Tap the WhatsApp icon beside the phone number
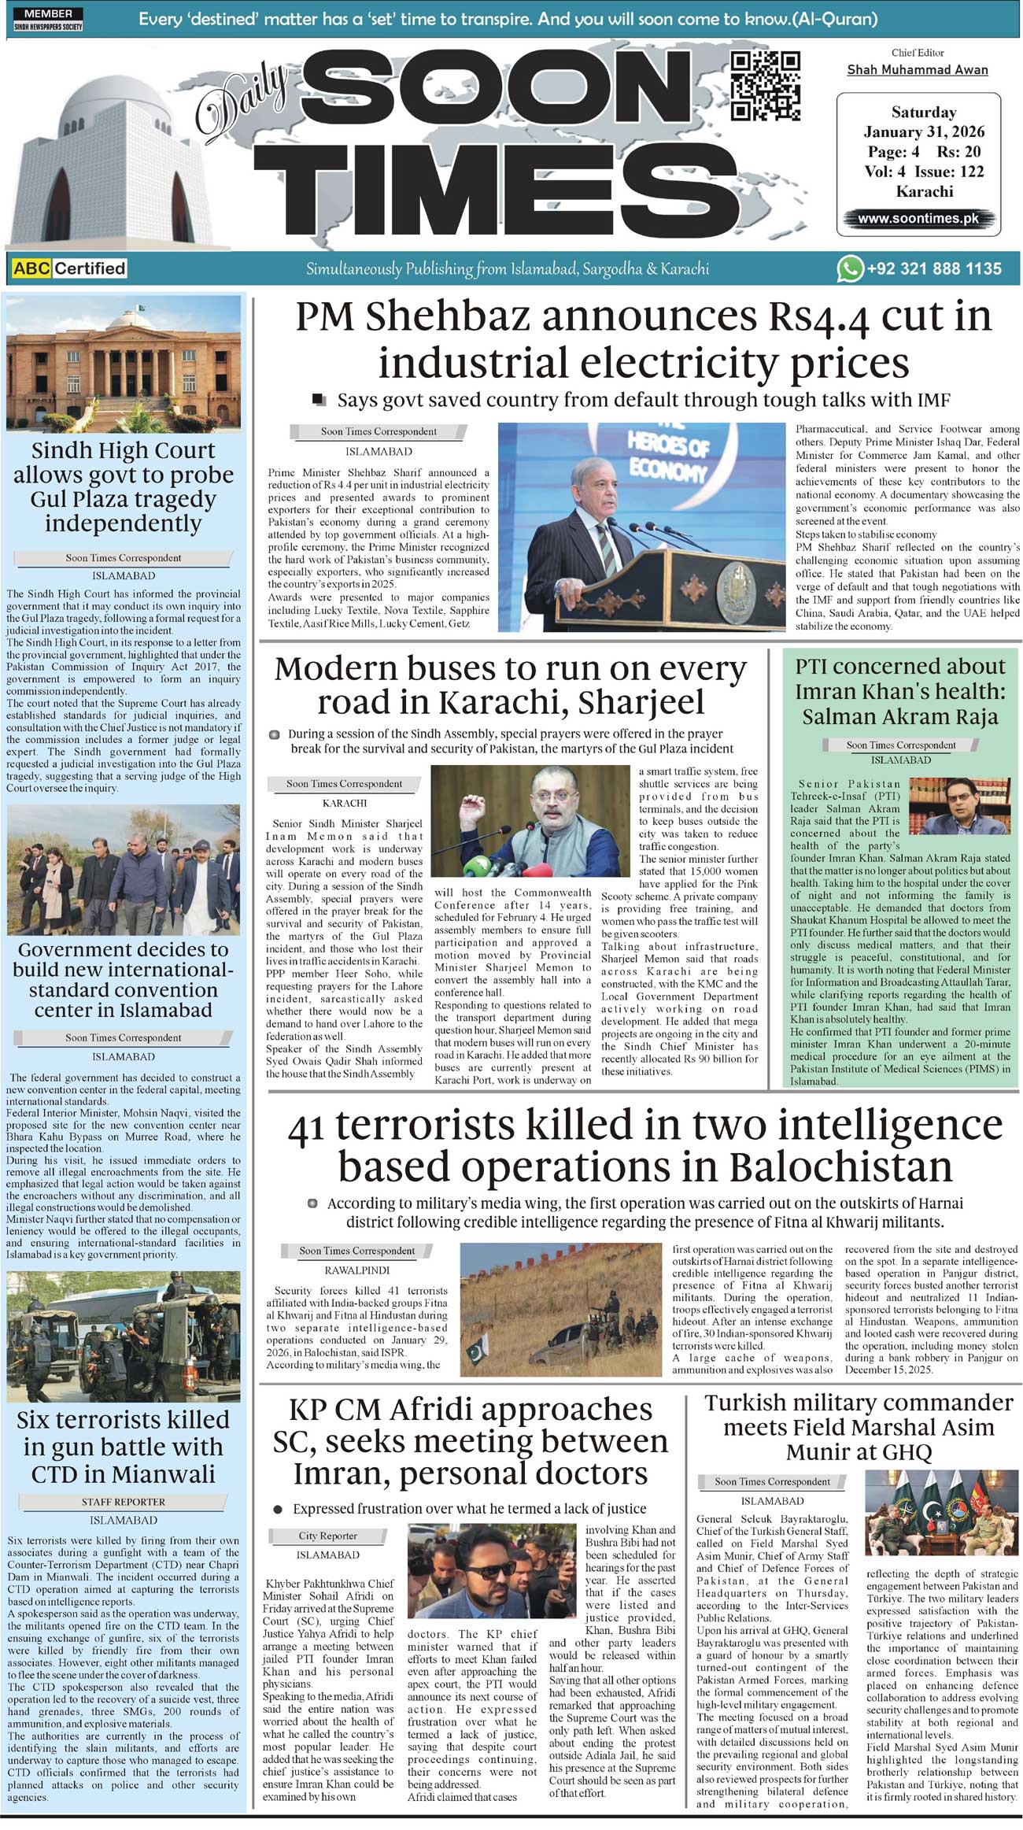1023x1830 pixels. (x=849, y=268)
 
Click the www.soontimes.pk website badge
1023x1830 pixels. (x=918, y=218)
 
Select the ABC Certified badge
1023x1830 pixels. (x=69, y=268)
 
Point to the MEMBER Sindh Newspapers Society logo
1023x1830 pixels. (x=48, y=20)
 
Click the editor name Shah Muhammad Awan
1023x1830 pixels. (x=917, y=70)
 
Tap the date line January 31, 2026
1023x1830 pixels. (x=924, y=132)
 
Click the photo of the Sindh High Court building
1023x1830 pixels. (x=124, y=363)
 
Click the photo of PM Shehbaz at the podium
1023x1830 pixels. (x=641, y=526)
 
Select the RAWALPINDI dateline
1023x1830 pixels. (x=356, y=1270)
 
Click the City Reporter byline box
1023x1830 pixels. (x=327, y=1535)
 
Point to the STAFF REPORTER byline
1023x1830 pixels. (x=124, y=1501)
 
